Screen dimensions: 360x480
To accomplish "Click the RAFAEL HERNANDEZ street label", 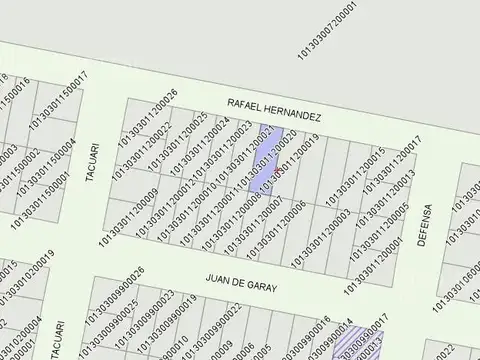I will coord(274,109).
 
